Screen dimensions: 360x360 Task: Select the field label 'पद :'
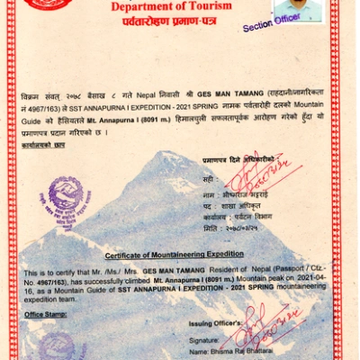[209, 206]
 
